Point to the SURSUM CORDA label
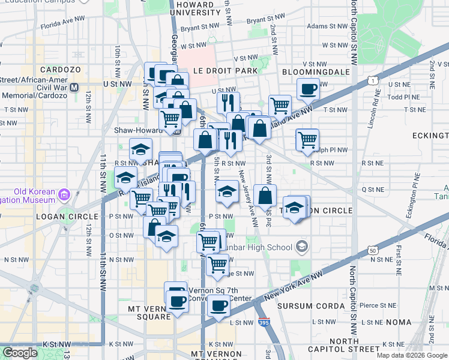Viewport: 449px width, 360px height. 311,306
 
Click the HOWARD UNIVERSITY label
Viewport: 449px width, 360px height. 196,8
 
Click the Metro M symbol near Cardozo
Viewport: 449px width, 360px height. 75,87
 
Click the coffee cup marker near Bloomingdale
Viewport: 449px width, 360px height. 309,88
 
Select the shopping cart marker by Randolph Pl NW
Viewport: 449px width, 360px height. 307,140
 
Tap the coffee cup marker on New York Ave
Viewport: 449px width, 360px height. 218,306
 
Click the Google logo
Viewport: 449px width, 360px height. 20,353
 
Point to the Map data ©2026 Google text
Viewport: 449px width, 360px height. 412,355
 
